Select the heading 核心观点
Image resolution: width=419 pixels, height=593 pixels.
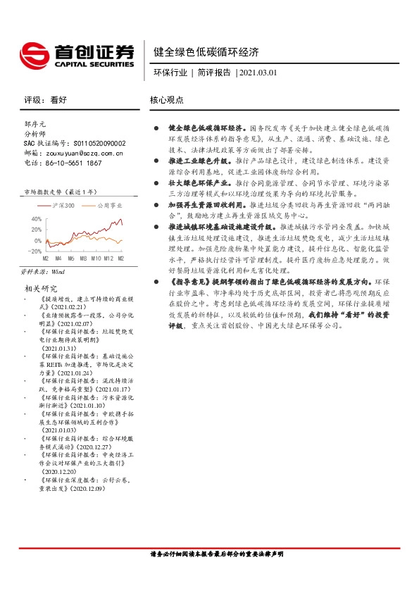click(x=166, y=100)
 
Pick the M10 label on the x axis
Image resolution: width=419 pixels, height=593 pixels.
click(x=96, y=258)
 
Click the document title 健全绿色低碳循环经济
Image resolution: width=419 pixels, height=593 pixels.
click(x=206, y=52)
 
